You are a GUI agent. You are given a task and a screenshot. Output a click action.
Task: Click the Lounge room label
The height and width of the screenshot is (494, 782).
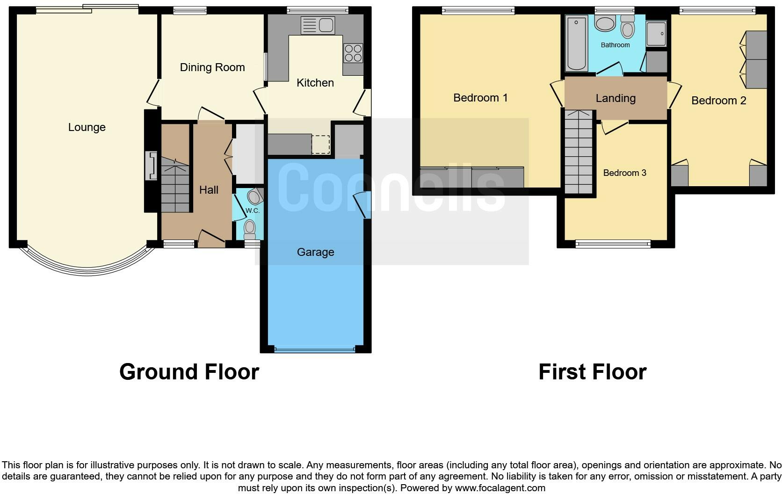(x=87, y=127)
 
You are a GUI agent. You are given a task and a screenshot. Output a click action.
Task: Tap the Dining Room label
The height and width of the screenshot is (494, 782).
(x=212, y=67)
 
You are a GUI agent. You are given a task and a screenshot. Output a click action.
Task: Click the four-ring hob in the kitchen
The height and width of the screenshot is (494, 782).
(x=353, y=52)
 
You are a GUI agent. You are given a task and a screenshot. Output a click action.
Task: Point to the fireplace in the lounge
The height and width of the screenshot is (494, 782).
(x=151, y=166)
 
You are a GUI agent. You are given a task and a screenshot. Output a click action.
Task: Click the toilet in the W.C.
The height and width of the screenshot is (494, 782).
(x=250, y=229)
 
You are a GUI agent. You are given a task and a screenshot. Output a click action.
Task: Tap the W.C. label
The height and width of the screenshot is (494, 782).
(x=253, y=211)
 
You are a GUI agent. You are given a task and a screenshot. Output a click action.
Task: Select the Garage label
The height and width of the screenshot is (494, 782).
(x=315, y=252)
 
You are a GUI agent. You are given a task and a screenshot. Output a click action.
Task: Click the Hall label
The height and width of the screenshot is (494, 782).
(x=209, y=190)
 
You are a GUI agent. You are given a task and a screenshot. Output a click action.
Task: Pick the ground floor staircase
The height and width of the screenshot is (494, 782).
(x=175, y=185)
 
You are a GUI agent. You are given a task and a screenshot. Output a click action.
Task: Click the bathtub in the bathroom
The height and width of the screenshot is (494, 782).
(x=576, y=44)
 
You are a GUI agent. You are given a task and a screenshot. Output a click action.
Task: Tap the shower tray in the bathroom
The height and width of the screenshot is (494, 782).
(x=657, y=33)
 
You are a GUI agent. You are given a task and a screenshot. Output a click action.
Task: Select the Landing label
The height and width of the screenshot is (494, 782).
(x=615, y=98)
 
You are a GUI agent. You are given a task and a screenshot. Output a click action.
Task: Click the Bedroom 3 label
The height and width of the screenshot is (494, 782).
(x=624, y=173)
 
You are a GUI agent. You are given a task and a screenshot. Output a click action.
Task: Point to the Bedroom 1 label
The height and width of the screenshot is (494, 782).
(x=480, y=98)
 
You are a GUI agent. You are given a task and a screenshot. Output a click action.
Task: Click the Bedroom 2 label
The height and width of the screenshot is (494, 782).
(x=718, y=101)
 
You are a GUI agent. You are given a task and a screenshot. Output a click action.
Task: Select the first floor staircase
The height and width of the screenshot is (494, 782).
(x=579, y=152)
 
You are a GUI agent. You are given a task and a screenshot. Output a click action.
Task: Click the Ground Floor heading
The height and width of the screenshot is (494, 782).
(x=189, y=372)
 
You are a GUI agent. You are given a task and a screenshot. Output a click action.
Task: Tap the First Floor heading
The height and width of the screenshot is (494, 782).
(x=592, y=372)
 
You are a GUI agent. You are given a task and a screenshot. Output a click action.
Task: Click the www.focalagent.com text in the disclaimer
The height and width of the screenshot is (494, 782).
(x=500, y=488)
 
